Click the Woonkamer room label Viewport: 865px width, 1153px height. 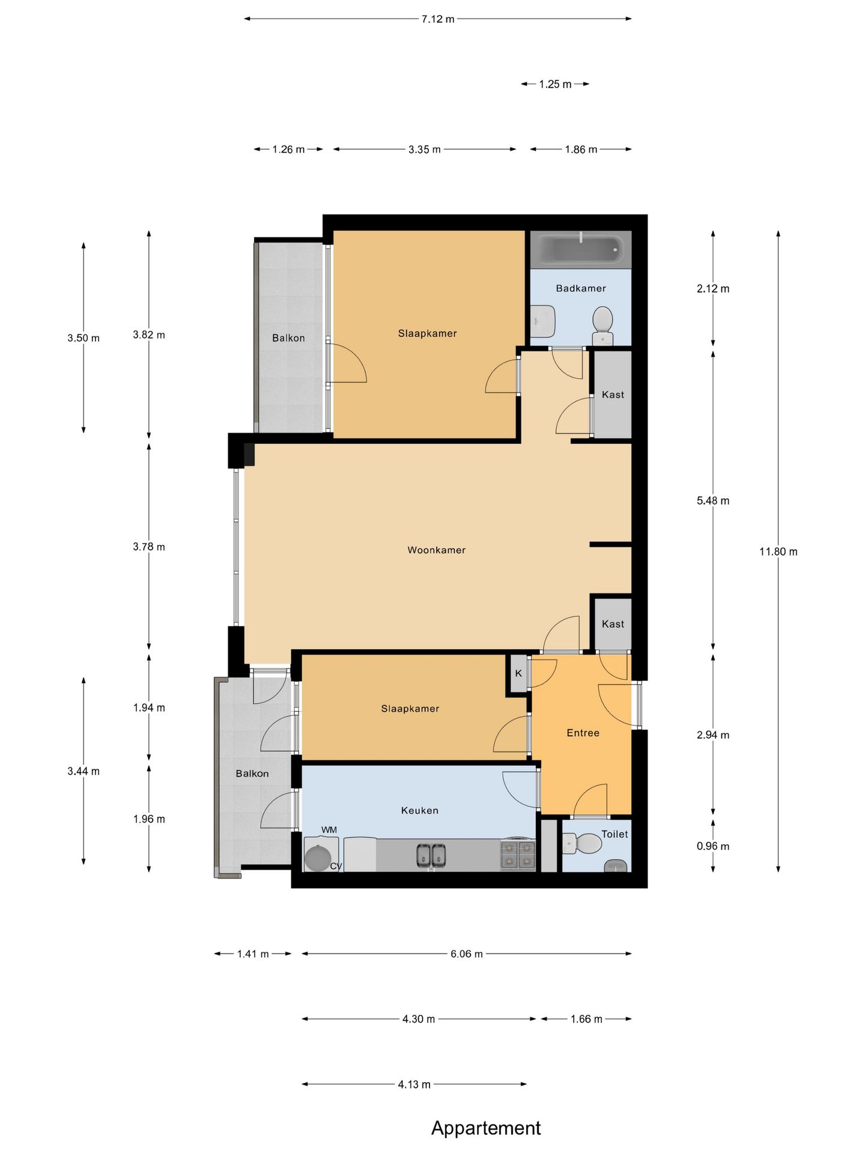pos(436,550)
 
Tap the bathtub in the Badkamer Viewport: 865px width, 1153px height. pos(581,249)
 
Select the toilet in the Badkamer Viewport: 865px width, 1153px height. pos(602,325)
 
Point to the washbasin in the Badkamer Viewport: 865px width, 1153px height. pos(543,321)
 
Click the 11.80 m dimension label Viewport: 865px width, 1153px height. pos(778,551)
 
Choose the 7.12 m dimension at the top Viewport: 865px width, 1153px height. pos(438,19)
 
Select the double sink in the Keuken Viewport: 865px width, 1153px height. pos(431,855)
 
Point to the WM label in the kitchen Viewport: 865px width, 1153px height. pos(329,830)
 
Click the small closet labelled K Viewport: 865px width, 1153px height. pos(518,674)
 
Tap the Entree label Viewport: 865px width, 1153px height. pos(583,733)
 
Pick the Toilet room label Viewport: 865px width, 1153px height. pos(615,834)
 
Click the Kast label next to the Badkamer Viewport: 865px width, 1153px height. pos(613,395)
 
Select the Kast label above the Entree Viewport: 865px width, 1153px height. pos(613,624)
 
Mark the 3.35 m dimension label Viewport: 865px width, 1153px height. pos(425,150)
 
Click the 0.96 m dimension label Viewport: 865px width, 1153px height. pos(713,846)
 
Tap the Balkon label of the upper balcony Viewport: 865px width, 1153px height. pos(288,338)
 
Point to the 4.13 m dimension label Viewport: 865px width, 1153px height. pos(414,1085)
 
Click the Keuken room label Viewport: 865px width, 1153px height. pos(419,811)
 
